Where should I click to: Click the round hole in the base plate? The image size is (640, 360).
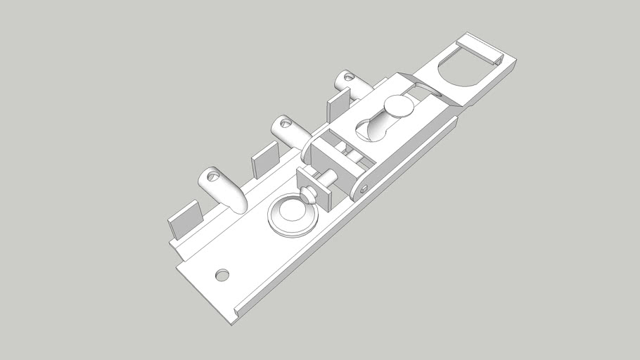[222, 274]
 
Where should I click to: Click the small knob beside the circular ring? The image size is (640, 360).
[308, 193]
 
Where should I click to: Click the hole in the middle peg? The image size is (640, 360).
[286, 123]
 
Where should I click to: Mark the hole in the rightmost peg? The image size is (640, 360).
[347, 76]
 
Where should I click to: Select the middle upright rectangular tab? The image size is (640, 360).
[266, 160]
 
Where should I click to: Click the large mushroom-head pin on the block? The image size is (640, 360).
[398, 107]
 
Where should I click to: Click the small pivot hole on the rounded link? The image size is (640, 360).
[364, 188]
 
